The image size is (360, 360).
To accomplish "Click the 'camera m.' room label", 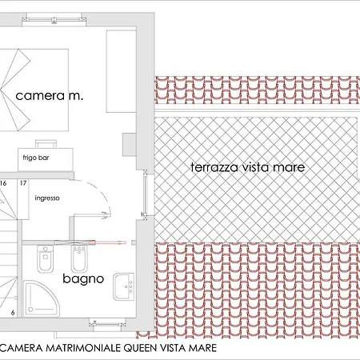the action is pyautogui.click(x=50, y=96).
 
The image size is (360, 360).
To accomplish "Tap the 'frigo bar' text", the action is pyautogui.click(x=36, y=158).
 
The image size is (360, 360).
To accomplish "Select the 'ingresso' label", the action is pyautogui.click(x=47, y=198).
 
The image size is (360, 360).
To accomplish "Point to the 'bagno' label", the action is pyautogui.click(x=83, y=279).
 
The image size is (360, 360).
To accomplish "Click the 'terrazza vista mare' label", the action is pyautogui.click(x=248, y=167).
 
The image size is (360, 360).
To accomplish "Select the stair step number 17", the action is pyautogui.click(x=23, y=183).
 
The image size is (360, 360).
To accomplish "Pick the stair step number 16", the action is pyautogui.click(x=3, y=183).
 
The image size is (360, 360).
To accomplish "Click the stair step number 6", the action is pyautogui.click(x=13, y=313).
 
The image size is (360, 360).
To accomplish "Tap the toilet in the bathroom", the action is pyautogui.click(x=46, y=258).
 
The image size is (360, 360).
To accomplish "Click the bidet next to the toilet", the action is pyautogui.click(x=79, y=258).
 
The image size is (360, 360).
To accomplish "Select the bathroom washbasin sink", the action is pyautogui.click(x=124, y=286).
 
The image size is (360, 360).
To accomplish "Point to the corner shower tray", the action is pyautogui.click(x=42, y=298).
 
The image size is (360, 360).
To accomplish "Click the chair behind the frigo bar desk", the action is pyautogui.click(x=46, y=144).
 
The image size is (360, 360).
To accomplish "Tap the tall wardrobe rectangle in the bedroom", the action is pyautogui.click(x=122, y=71).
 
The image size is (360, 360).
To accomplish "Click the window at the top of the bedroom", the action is pyautogui.click(x=54, y=19).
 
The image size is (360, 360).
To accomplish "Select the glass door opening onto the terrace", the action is pyautogui.click(x=145, y=194).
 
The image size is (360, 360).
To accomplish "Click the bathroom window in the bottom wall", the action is pyautogui.click(x=107, y=324).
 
